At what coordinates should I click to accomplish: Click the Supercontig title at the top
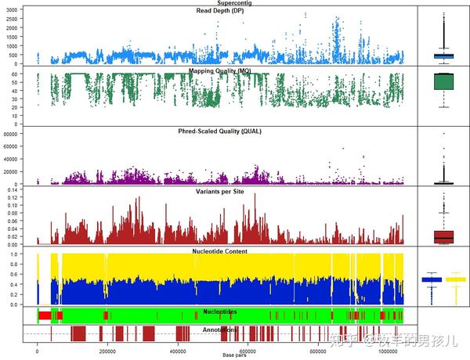click(x=219, y=4)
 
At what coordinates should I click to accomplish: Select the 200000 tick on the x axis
click(x=108, y=351)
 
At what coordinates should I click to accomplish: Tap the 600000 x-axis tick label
click(x=248, y=351)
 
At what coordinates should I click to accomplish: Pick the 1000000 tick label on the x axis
click(x=389, y=351)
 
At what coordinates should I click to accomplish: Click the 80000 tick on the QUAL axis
click(x=11, y=134)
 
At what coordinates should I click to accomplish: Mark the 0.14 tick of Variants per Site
click(x=14, y=189)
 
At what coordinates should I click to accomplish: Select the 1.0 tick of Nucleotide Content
click(x=16, y=254)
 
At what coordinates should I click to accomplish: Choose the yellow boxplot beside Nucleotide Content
click(x=456, y=279)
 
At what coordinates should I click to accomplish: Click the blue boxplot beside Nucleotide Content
click(x=432, y=279)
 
